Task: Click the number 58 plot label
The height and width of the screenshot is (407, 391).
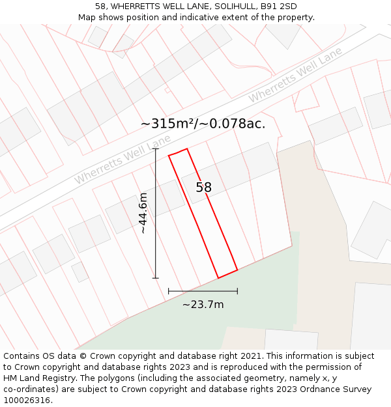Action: click(x=204, y=188)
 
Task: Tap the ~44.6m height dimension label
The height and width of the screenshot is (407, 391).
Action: click(x=143, y=213)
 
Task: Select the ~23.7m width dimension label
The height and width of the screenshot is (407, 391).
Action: click(x=203, y=305)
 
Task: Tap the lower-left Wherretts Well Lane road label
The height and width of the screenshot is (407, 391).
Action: click(x=122, y=159)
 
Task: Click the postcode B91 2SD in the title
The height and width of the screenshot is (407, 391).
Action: click(x=277, y=7)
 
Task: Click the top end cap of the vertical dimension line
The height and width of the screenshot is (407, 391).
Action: click(x=156, y=149)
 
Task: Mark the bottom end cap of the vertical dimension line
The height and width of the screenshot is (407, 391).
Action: click(x=156, y=278)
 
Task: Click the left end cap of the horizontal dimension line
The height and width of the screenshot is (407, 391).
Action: click(x=169, y=291)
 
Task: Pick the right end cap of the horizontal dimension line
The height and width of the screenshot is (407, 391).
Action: click(x=237, y=291)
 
